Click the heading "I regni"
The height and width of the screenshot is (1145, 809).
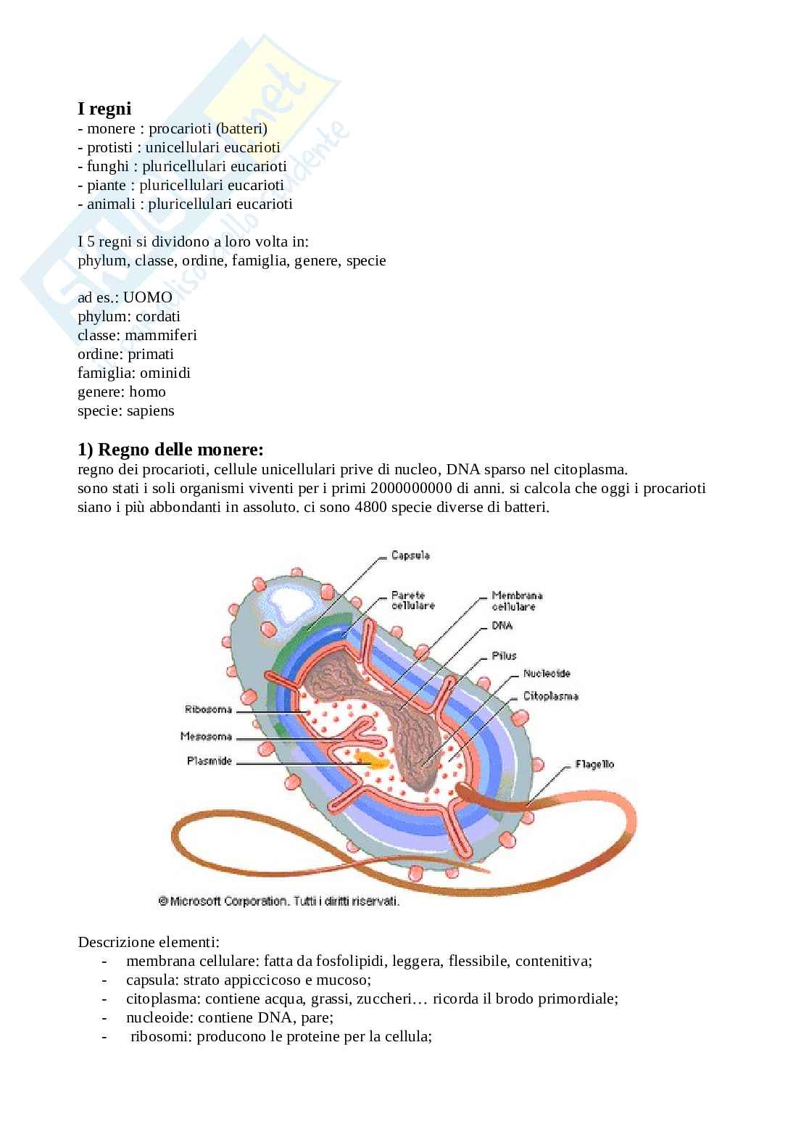click(104, 109)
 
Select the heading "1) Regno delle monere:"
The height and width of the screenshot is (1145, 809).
click(170, 450)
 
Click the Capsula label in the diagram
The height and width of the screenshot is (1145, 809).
click(410, 555)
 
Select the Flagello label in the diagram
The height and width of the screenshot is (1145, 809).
click(594, 764)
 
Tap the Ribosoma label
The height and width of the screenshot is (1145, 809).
click(208, 709)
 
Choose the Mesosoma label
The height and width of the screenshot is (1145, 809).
click(206, 737)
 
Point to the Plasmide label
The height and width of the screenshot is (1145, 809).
click(209, 761)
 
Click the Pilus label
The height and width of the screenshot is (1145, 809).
click(504, 656)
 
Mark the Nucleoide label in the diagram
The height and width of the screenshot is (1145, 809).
click(547, 674)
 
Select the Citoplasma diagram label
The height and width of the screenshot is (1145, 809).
click(550, 696)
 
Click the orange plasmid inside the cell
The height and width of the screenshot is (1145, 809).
click(371, 760)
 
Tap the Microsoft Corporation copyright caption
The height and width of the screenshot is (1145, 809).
click(279, 902)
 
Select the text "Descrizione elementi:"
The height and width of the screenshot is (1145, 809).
click(148, 942)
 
